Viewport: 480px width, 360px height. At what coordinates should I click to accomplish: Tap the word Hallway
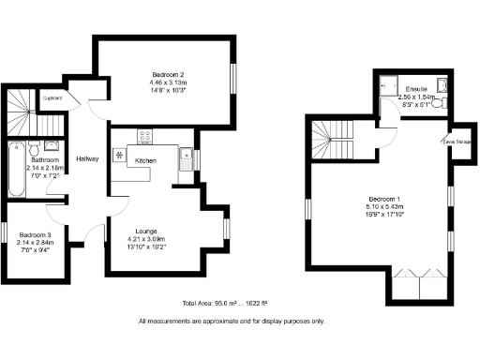88,158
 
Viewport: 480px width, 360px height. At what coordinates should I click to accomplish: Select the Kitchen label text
145,162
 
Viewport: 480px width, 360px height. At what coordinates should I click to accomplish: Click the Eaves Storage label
457,142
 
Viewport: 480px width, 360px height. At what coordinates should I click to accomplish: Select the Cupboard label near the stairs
52,97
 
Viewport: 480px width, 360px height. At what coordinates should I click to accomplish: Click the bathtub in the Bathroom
15,170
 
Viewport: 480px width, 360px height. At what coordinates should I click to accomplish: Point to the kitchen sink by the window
186,157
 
